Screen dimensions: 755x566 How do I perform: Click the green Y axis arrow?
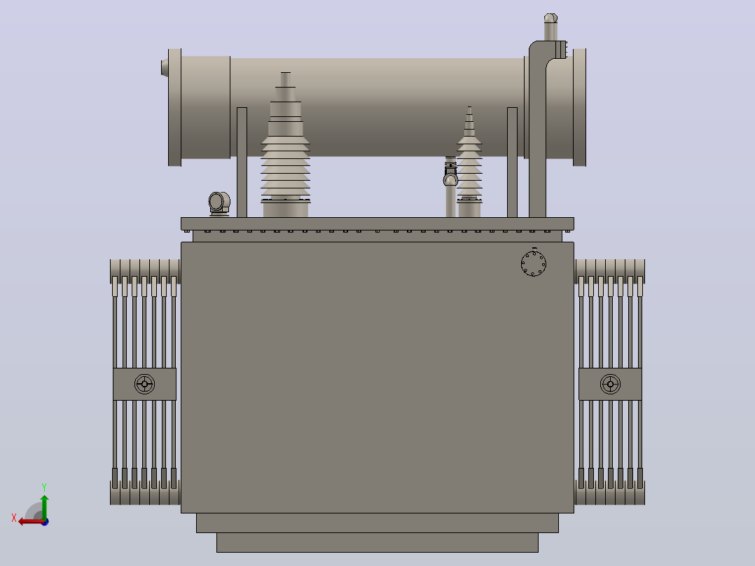point(44,507)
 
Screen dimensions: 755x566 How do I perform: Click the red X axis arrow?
point(32,522)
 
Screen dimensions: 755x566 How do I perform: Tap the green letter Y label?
point(44,488)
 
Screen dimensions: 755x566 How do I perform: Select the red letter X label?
point(14,518)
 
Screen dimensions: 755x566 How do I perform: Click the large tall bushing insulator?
point(286,144)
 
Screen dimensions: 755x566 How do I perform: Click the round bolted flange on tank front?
point(534,263)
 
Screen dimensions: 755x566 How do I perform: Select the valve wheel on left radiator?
point(144,384)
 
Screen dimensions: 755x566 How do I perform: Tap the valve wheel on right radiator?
point(611,384)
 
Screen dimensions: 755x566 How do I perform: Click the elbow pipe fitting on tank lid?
point(219,203)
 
